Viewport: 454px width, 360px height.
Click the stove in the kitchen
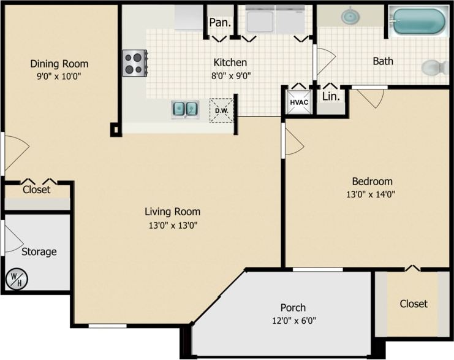tap(134, 63)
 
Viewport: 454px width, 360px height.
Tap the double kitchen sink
tap(184, 109)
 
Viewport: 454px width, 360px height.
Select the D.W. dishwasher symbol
tap(221, 110)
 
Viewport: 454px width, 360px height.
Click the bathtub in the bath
tap(418, 21)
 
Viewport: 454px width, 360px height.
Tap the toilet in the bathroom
tap(434, 66)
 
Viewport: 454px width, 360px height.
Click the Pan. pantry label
tap(219, 23)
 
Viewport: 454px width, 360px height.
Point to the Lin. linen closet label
tap(331, 96)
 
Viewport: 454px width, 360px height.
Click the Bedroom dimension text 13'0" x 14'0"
tap(372, 195)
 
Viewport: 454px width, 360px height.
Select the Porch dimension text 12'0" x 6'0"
tap(293, 320)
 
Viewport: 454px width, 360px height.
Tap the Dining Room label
tap(59, 64)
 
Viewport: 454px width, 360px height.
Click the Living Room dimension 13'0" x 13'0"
tap(172, 225)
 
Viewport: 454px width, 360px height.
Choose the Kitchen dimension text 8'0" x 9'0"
tap(230, 76)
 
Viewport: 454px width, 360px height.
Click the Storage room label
tap(39, 251)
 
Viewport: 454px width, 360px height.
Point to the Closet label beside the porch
tap(414, 304)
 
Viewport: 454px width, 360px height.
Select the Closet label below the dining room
tap(36, 190)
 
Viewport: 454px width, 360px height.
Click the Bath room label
tap(383, 61)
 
